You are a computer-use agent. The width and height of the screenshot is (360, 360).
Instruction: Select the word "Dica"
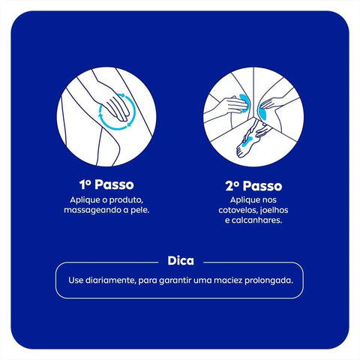(x=180, y=262)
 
